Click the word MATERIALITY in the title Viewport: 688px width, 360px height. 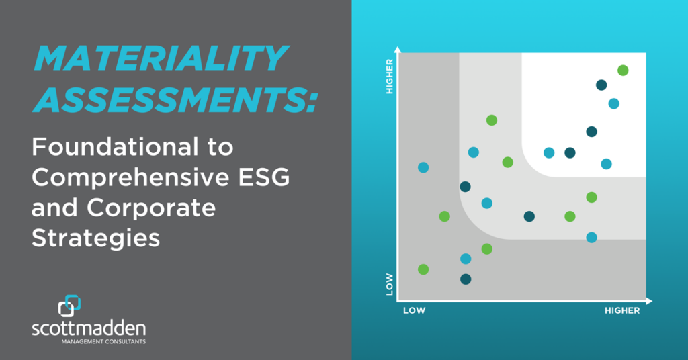pos(161,58)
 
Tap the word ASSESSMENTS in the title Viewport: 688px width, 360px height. pos(175,99)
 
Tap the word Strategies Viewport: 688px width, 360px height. pos(95,239)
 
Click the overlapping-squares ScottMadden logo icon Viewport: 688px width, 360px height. pos(69,306)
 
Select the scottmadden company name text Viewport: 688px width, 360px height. pos(89,328)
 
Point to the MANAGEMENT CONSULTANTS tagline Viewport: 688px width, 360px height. pos(103,341)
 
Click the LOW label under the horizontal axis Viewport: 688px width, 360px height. pos(414,310)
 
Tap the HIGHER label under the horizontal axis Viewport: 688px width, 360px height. pos(622,310)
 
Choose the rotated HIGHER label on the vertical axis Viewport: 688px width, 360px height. pos(389,77)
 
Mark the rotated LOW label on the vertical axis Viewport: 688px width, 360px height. pos(389,284)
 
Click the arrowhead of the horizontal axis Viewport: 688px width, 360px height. pos(650,301)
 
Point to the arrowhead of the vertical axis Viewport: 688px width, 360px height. pos(398,50)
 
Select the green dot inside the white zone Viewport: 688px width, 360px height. pos(623,70)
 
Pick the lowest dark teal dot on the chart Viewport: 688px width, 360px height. pos(466,279)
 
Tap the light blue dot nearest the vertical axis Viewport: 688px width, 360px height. pos(423,167)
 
